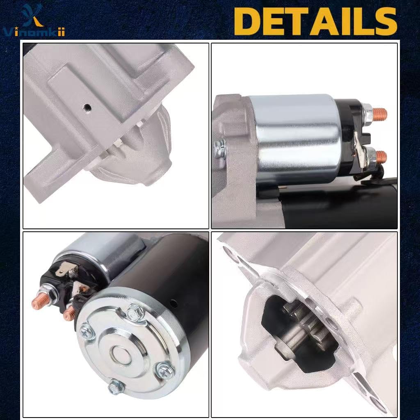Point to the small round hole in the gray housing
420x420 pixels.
87,107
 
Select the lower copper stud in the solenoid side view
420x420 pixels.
380,155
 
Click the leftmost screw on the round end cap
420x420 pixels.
87,331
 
